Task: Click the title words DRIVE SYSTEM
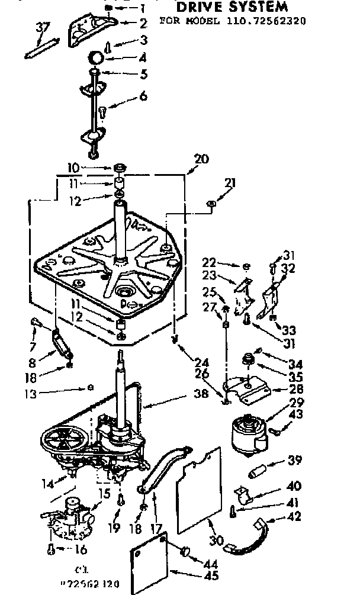click(232, 7)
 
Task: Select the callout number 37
click(42, 28)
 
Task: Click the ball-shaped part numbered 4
click(96, 59)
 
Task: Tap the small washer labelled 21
click(212, 204)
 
